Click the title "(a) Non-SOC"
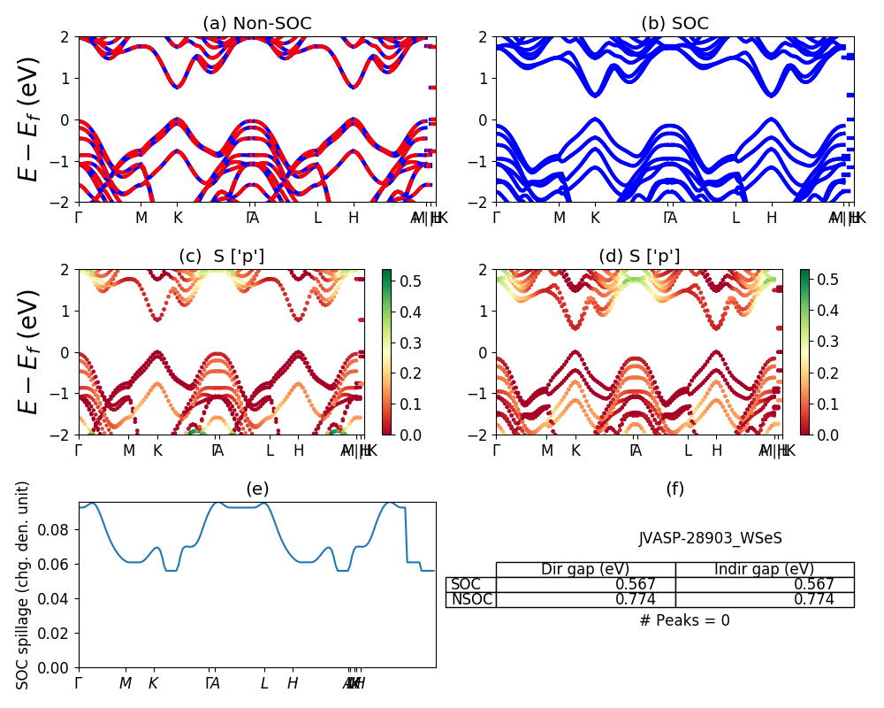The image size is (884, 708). (256, 24)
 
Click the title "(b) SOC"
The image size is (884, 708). (674, 24)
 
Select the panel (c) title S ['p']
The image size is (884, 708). (221, 257)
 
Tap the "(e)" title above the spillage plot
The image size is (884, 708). (256, 489)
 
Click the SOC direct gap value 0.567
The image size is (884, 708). (636, 584)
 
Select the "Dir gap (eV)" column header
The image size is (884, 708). (585, 569)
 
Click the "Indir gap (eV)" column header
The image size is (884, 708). (764, 569)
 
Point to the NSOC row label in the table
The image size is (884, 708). (470, 599)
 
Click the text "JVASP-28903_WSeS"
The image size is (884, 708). (710, 538)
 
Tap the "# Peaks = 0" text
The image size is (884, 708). (684, 620)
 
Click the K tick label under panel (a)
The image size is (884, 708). (178, 218)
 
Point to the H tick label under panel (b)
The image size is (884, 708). (772, 218)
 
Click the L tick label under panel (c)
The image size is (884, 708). (271, 450)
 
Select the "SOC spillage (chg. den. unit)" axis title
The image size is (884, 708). (24, 585)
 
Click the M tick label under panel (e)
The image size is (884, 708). (126, 683)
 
